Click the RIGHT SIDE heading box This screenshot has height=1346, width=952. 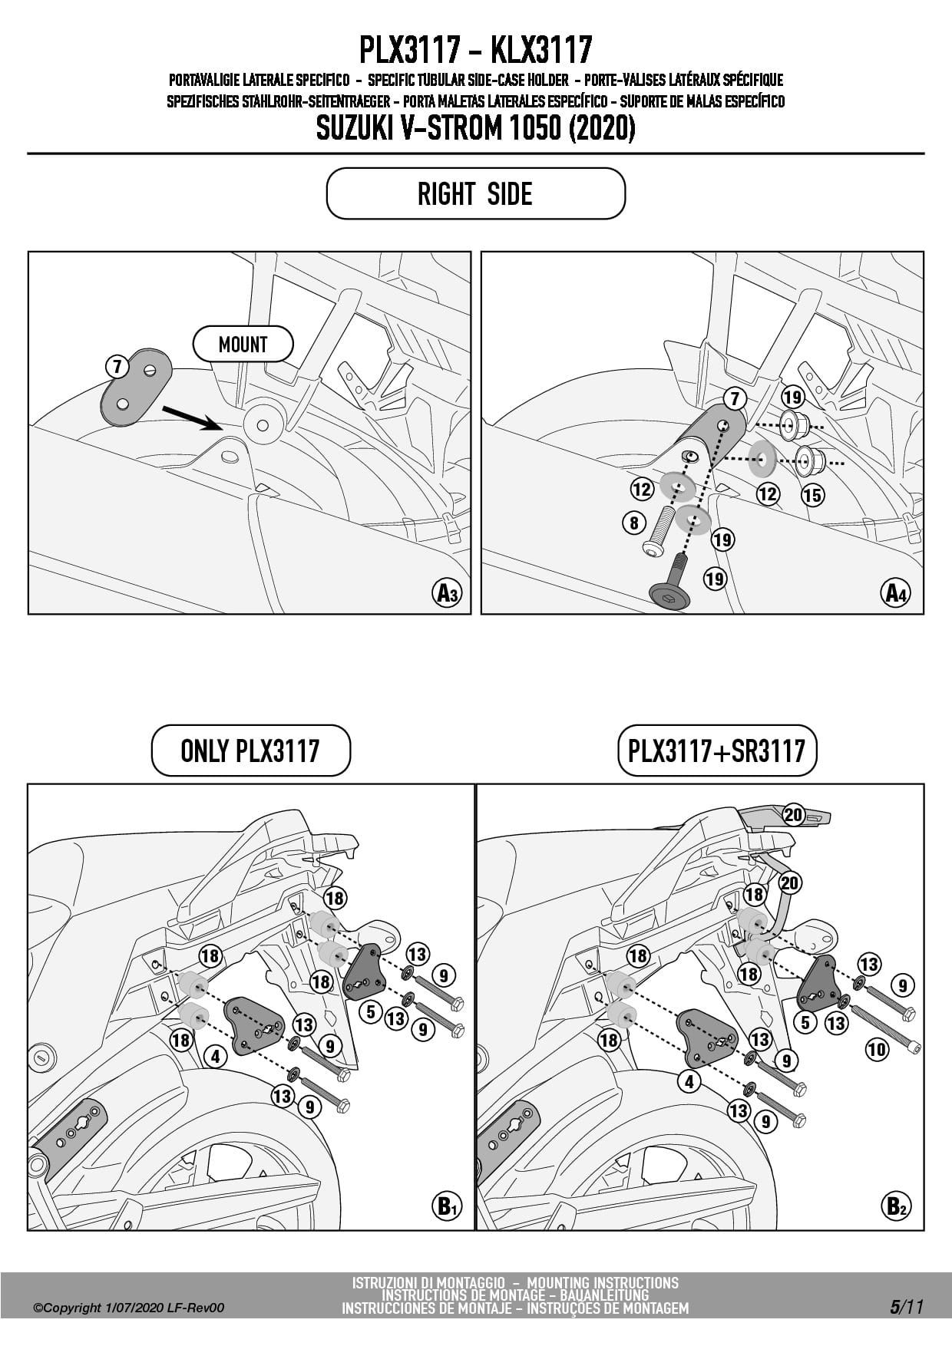[x=475, y=193]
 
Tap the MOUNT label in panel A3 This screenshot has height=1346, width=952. [x=243, y=345]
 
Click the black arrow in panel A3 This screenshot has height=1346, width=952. [x=192, y=417]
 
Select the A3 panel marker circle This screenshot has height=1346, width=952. [x=447, y=593]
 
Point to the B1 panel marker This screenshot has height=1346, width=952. [x=445, y=1206]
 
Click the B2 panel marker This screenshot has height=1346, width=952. [x=895, y=1206]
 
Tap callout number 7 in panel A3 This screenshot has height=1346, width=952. [x=117, y=367]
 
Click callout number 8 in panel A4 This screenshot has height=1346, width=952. [x=633, y=523]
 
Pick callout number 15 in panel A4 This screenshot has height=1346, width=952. [x=812, y=495]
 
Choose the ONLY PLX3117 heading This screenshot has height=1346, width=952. [x=250, y=751]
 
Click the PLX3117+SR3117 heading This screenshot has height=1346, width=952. [x=716, y=751]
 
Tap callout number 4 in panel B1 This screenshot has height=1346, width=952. [x=216, y=1057]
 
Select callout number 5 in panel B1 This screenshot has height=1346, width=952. [x=371, y=1011]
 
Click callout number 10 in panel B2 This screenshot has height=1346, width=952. [x=877, y=1049]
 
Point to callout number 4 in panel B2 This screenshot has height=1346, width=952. [x=689, y=1081]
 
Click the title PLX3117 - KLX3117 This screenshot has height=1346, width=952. [x=475, y=50]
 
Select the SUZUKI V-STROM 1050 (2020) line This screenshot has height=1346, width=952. [x=475, y=128]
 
